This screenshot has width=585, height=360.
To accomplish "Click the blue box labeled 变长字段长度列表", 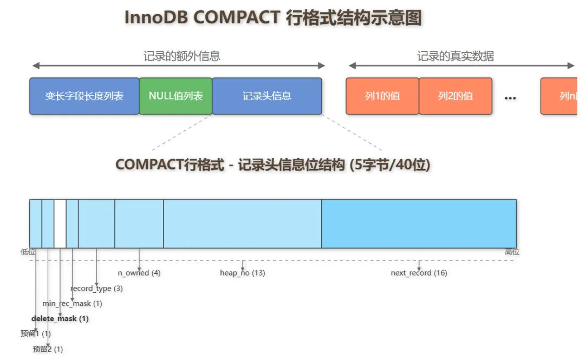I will (84, 96).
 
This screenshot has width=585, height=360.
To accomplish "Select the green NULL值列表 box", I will (175, 96).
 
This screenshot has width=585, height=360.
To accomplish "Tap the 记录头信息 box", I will (266, 96).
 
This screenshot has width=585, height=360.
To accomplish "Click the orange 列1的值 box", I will (382, 96).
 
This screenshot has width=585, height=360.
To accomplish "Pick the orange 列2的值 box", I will (456, 96).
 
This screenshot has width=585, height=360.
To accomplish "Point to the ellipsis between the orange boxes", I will (510, 98).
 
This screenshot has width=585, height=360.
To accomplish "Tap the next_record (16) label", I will (419, 273).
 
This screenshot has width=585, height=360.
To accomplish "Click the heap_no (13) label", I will (242, 273).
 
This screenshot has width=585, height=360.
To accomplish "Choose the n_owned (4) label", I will (139, 273).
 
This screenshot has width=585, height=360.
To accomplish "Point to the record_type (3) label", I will (96, 289).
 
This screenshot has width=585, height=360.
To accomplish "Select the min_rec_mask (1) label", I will (72, 304).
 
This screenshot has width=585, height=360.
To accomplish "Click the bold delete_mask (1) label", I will (60, 319).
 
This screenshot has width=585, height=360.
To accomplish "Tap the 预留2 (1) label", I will (48, 349).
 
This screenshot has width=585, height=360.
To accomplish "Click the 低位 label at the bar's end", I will (28, 252).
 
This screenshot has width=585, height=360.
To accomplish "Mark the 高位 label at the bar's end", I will (512, 252).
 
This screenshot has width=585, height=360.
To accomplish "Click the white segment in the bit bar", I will (60, 223).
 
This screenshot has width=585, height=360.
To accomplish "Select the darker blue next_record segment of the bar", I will (419, 223).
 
